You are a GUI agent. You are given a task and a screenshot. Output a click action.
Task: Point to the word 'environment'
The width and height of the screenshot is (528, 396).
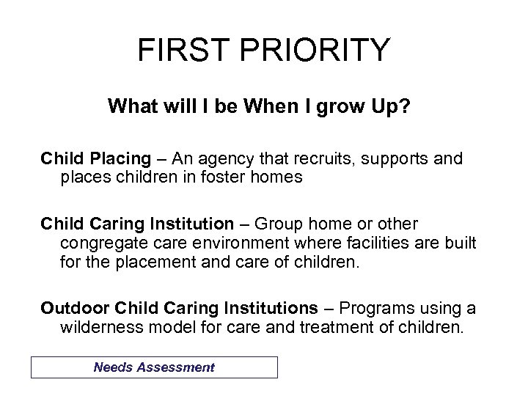(x=227, y=243)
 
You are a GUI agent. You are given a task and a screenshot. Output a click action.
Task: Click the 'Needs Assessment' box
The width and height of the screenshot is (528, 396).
(x=154, y=367)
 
